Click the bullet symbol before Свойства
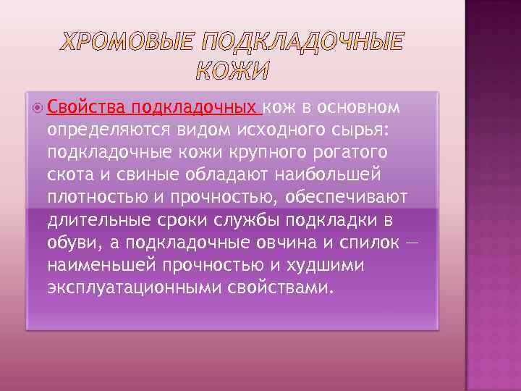pyautogui.click(x=37, y=109)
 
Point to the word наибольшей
pyautogui.click(x=340, y=175)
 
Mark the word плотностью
pyautogui.click(x=95, y=198)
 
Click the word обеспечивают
pyautogui.click(x=347, y=198)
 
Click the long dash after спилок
pyautogui.click(x=410, y=243)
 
